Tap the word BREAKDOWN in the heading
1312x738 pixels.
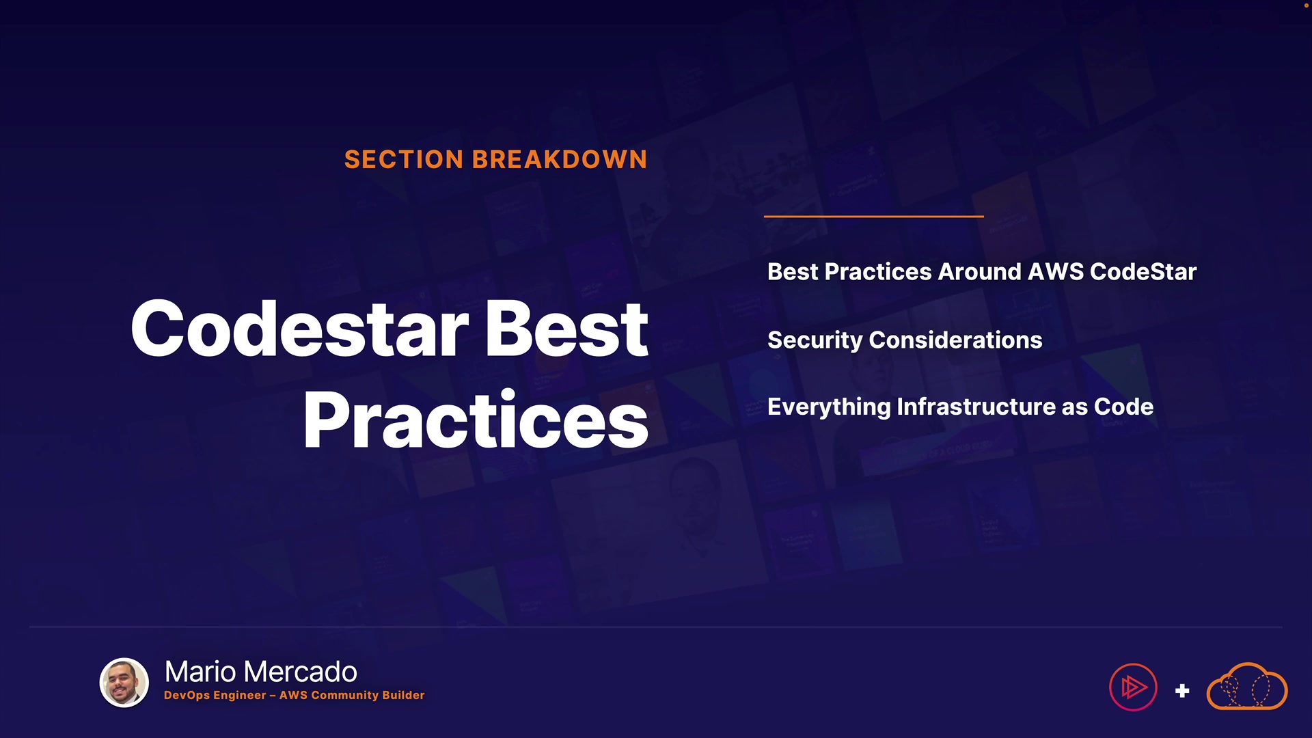[560, 159]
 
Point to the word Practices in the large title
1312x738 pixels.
[476, 419]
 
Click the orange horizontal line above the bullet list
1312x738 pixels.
[874, 216]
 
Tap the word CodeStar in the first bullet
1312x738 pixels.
[1143, 271]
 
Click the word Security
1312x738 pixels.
[815, 340]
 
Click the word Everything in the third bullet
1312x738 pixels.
[829, 407]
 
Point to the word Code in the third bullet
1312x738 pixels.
[1124, 407]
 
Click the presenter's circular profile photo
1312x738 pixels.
[124, 683]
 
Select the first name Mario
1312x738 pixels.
[201, 672]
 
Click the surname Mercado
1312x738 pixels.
[300, 672]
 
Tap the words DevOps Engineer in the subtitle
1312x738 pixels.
[215, 695]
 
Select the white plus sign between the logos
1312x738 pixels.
[1182, 691]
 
